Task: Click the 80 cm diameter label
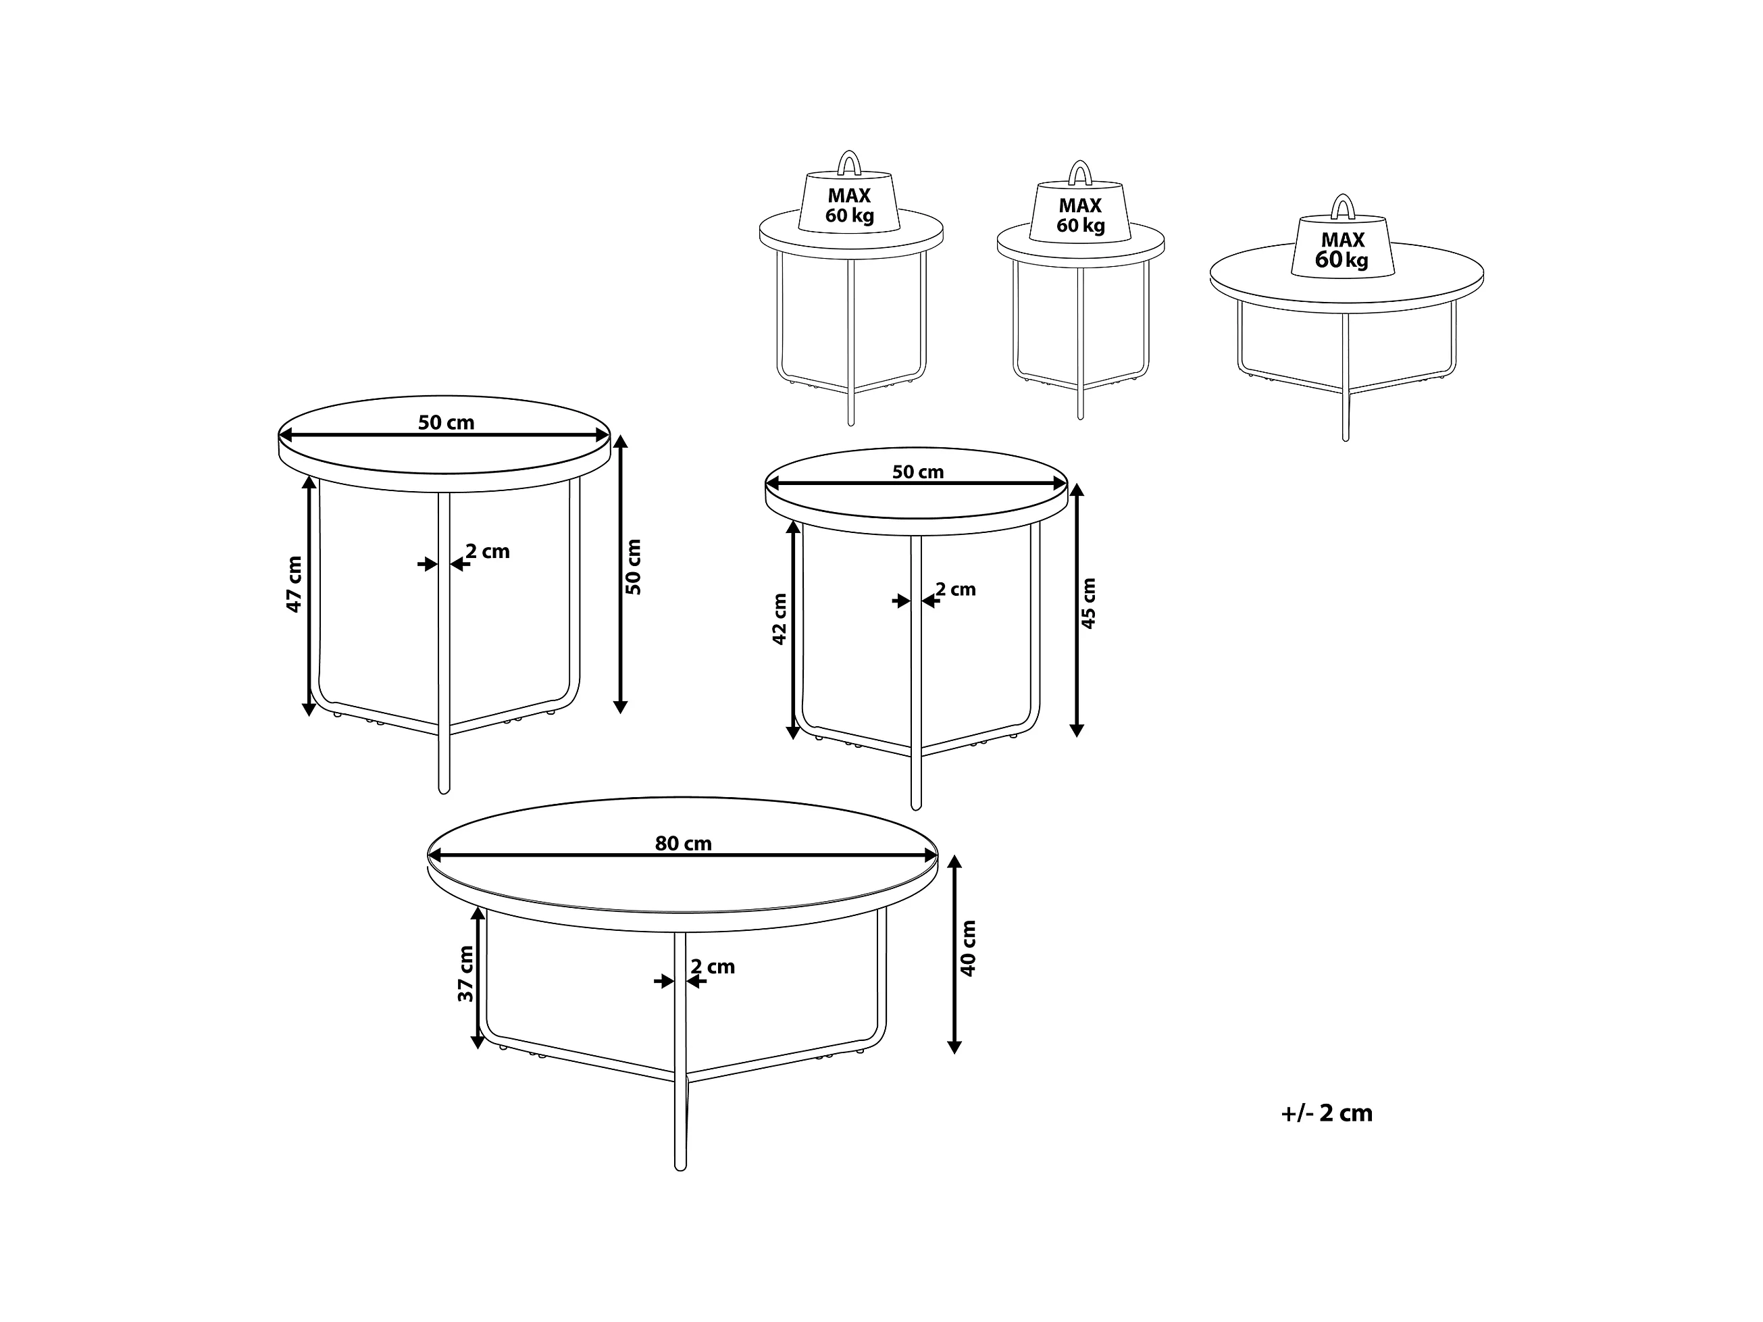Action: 683,843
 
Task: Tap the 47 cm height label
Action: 294,584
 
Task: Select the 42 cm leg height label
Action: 780,619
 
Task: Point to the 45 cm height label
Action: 1089,603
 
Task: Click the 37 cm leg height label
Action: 465,974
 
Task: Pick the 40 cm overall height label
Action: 969,948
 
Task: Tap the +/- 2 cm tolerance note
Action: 1327,1113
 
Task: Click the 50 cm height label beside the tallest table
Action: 634,567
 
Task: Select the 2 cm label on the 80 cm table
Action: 713,967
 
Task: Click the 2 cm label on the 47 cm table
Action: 488,551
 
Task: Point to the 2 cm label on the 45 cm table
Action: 956,590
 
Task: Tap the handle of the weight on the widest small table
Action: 1343,207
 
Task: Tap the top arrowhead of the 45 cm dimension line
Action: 1077,490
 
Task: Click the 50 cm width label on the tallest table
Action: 446,422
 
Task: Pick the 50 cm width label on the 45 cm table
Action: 917,472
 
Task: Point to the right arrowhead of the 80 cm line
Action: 931,856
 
